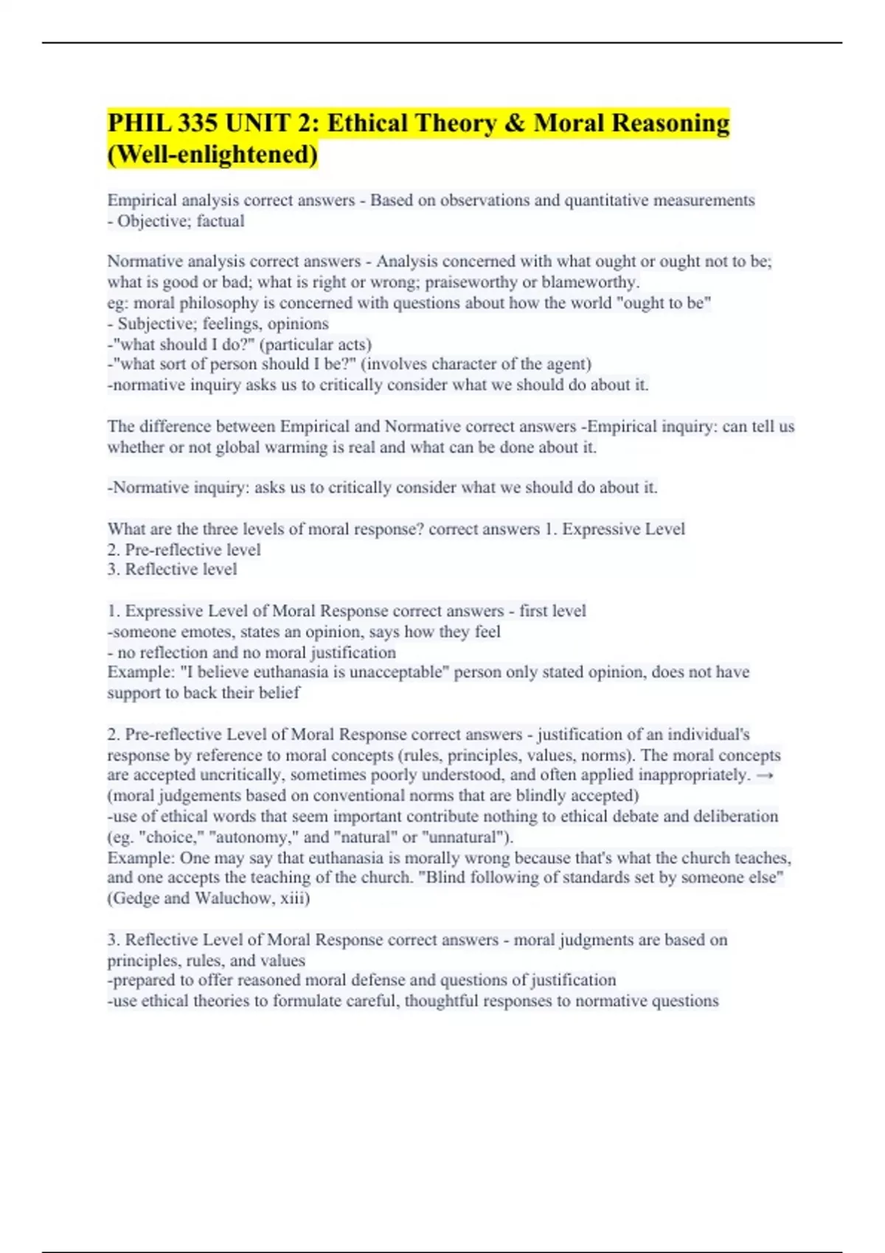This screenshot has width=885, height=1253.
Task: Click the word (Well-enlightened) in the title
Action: click(213, 155)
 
